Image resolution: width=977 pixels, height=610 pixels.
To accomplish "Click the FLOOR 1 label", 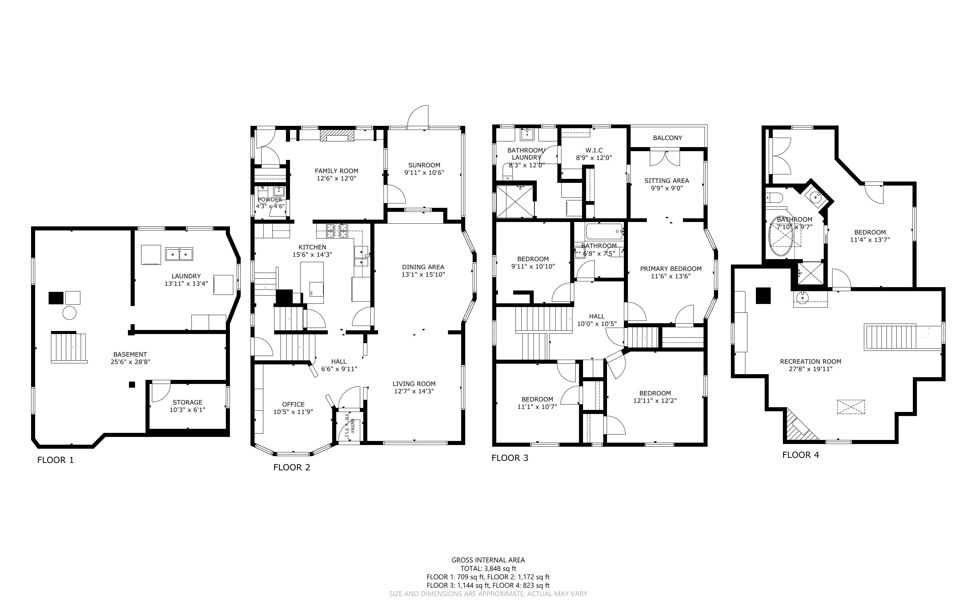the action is (x=55, y=460).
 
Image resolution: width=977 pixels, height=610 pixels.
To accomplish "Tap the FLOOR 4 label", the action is (x=801, y=455).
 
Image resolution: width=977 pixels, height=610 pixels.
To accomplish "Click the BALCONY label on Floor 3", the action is (x=667, y=138).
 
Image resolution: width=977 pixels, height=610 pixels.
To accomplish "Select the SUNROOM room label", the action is (x=424, y=165).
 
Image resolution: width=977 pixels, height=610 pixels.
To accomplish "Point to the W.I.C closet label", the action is (x=594, y=150).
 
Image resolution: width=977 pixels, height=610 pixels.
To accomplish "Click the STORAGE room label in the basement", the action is (x=188, y=402).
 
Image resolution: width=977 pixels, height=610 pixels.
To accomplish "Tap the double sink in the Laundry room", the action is (x=179, y=254).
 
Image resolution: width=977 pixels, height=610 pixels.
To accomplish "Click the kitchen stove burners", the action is (x=337, y=230).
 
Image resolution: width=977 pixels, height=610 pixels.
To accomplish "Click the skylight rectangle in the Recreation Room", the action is (x=851, y=407).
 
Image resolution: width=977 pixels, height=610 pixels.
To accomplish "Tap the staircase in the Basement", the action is (x=69, y=347).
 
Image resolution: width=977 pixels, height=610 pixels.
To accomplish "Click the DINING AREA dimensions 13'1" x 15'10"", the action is (x=423, y=274).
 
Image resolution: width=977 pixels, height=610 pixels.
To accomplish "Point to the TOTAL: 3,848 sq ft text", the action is (x=488, y=569).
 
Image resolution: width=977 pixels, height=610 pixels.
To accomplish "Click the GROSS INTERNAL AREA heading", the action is (x=488, y=560).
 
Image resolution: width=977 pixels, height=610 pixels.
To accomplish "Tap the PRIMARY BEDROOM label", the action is (x=671, y=269).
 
